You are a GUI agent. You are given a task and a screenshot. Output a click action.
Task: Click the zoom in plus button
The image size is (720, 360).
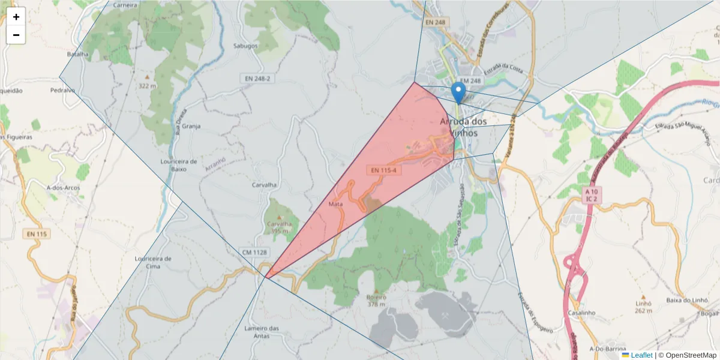click(x=16, y=17)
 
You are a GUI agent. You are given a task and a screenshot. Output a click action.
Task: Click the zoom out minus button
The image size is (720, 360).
click(x=16, y=35)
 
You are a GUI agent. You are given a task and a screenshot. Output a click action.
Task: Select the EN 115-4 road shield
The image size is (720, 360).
click(x=384, y=170)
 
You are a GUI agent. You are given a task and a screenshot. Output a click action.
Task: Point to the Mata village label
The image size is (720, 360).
click(x=336, y=205)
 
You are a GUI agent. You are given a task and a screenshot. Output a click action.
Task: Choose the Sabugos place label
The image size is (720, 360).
click(x=245, y=46)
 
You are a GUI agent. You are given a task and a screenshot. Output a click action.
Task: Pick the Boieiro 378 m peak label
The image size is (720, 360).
click(x=376, y=301)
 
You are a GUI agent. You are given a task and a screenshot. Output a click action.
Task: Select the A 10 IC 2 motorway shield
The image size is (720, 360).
click(x=592, y=194)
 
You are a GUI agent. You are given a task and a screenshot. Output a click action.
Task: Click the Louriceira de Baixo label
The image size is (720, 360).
click(x=179, y=165)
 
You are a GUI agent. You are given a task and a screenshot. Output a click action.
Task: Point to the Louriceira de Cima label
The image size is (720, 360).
click(x=154, y=262)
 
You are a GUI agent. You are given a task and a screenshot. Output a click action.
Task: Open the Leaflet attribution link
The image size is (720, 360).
click(x=641, y=355)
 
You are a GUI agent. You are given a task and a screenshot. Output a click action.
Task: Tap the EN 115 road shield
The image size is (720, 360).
click(x=37, y=233)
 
